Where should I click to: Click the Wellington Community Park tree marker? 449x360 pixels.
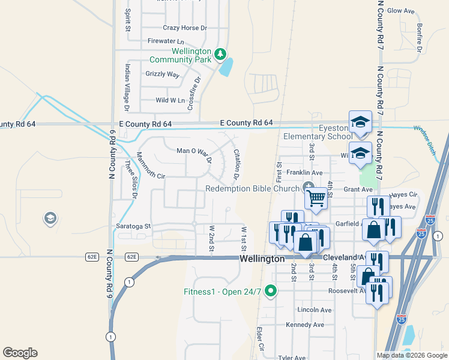click(220, 55)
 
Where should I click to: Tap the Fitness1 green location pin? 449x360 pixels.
click(271, 292)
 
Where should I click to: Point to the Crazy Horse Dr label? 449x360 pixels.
click(185, 28)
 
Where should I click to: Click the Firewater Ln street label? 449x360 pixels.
click(166, 41)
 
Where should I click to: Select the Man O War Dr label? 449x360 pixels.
click(193, 155)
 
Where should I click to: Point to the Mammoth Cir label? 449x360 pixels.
click(150, 166)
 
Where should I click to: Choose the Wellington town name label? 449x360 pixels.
click(262, 259)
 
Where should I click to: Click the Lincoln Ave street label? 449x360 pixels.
click(315, 310)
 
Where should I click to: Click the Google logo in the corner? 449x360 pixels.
click(20, 353)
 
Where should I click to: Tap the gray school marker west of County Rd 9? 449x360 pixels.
click(50, 218)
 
